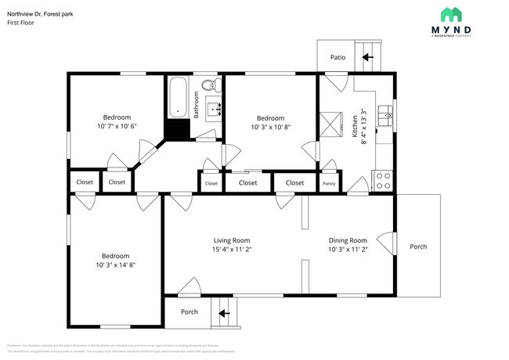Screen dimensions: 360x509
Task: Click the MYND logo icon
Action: click(x=450, y=14)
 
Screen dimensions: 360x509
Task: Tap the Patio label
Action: click(x=338, y=57)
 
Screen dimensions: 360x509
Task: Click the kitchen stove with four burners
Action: click(x=384, y=181)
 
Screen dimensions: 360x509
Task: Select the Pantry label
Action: click(x=330, y=184)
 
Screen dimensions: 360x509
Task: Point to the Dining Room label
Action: click(x=347, y=240)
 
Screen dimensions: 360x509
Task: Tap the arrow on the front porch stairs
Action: click(x=224, y=313)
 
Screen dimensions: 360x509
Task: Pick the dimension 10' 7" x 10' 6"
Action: click(x=117, y=126)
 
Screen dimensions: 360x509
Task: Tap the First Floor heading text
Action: click(x=21, y=23)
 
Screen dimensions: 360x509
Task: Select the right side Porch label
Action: click(x=418, y=247)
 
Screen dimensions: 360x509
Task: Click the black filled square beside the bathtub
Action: click(x=178, y=130)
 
